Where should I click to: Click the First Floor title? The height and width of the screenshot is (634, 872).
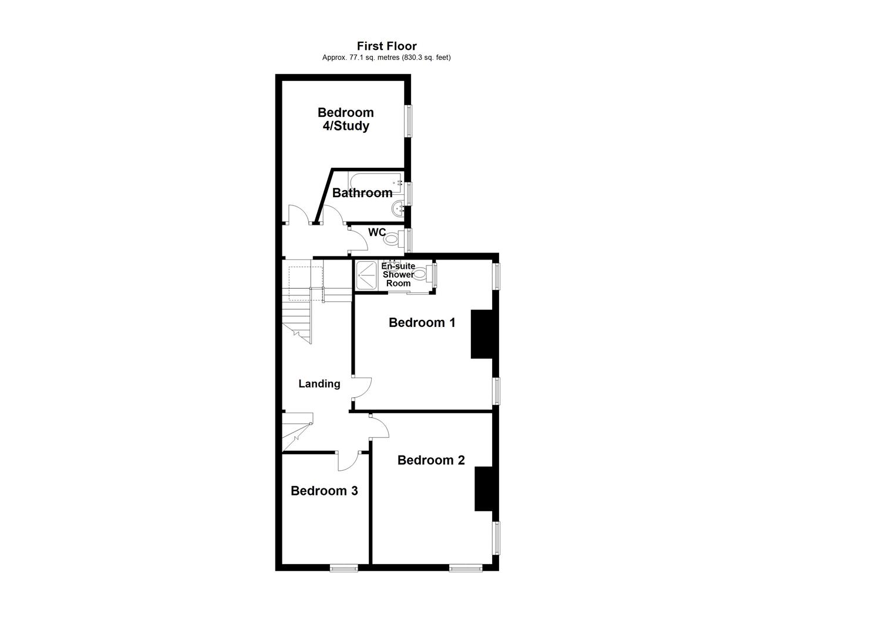click(386, 46)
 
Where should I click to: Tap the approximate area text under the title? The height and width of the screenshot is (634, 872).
click(386, 58)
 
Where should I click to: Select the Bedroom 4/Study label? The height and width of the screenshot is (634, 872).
click(345, 119)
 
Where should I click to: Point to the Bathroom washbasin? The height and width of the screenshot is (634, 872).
click(399, 207)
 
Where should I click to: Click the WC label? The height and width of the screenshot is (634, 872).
click(376, 232)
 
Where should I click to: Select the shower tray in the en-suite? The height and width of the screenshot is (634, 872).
click(368, 275)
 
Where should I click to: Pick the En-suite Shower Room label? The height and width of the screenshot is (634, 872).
click(398, 275)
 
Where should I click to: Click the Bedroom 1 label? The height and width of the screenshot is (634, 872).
click(422, 322)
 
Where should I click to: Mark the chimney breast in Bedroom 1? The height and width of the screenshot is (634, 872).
click(482, 333)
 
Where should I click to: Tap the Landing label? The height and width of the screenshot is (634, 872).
click(319, 384)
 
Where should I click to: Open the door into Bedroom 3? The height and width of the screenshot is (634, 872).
click(348, 461)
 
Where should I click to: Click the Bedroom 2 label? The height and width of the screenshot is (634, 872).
click(431, 460)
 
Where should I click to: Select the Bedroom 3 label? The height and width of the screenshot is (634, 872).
click(324, 491)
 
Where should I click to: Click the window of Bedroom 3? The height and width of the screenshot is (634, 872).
click(344, 568)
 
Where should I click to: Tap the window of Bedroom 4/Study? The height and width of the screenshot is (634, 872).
click(408, 121)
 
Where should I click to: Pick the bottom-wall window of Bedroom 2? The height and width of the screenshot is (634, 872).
click(466, 568)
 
